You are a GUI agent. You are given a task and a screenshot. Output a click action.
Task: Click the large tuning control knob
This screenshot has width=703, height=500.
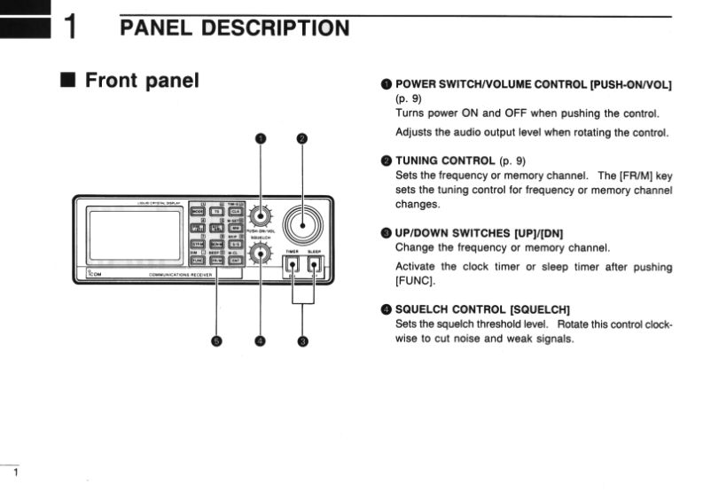[301, 223]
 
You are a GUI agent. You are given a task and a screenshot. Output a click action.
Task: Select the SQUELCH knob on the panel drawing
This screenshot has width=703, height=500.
[260, 254]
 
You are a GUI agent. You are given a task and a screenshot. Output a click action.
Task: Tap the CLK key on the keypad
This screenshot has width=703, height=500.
[235, 213]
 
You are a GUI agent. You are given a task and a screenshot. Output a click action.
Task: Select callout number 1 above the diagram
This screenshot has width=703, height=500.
[261, 138]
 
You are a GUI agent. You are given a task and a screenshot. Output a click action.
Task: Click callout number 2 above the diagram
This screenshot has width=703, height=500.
[301, 138]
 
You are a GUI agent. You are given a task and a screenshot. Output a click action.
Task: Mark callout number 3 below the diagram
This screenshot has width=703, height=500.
[302, 341]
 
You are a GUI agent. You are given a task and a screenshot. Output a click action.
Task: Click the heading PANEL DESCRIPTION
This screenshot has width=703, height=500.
[234, 27]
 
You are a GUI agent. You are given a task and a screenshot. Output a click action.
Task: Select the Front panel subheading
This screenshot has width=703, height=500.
[141, 82]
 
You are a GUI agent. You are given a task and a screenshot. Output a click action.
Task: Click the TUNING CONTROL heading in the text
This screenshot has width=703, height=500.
[444, 160]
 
